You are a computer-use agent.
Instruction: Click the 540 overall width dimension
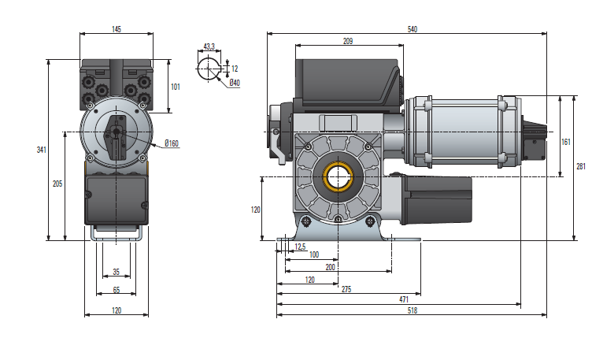tap(412, 29)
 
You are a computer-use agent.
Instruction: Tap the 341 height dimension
tap(41, 149)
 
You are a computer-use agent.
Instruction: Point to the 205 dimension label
tap(57, 184)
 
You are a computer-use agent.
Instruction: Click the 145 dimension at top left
tap(117, 29)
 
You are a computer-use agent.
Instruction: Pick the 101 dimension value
tap(175, 87)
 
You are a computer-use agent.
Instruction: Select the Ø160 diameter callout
tap(172, 143)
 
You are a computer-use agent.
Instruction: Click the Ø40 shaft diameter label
tap(234, 83)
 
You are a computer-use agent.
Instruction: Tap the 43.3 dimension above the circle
tap(209, 47)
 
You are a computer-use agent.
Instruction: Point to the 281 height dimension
tap(581, 166)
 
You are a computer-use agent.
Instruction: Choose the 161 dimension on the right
tap(565, 142)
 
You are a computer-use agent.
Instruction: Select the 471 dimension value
tap(404, 300)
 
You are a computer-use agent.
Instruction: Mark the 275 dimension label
tap(346, 289)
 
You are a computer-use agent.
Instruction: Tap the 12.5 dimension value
tap(299, 247)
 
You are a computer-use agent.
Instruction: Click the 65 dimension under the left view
tap(117, 291)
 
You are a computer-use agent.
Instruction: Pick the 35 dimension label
tap(117, 272)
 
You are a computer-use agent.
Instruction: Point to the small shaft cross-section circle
tap(208, 68)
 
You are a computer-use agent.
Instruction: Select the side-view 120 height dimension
tap(255, 210)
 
